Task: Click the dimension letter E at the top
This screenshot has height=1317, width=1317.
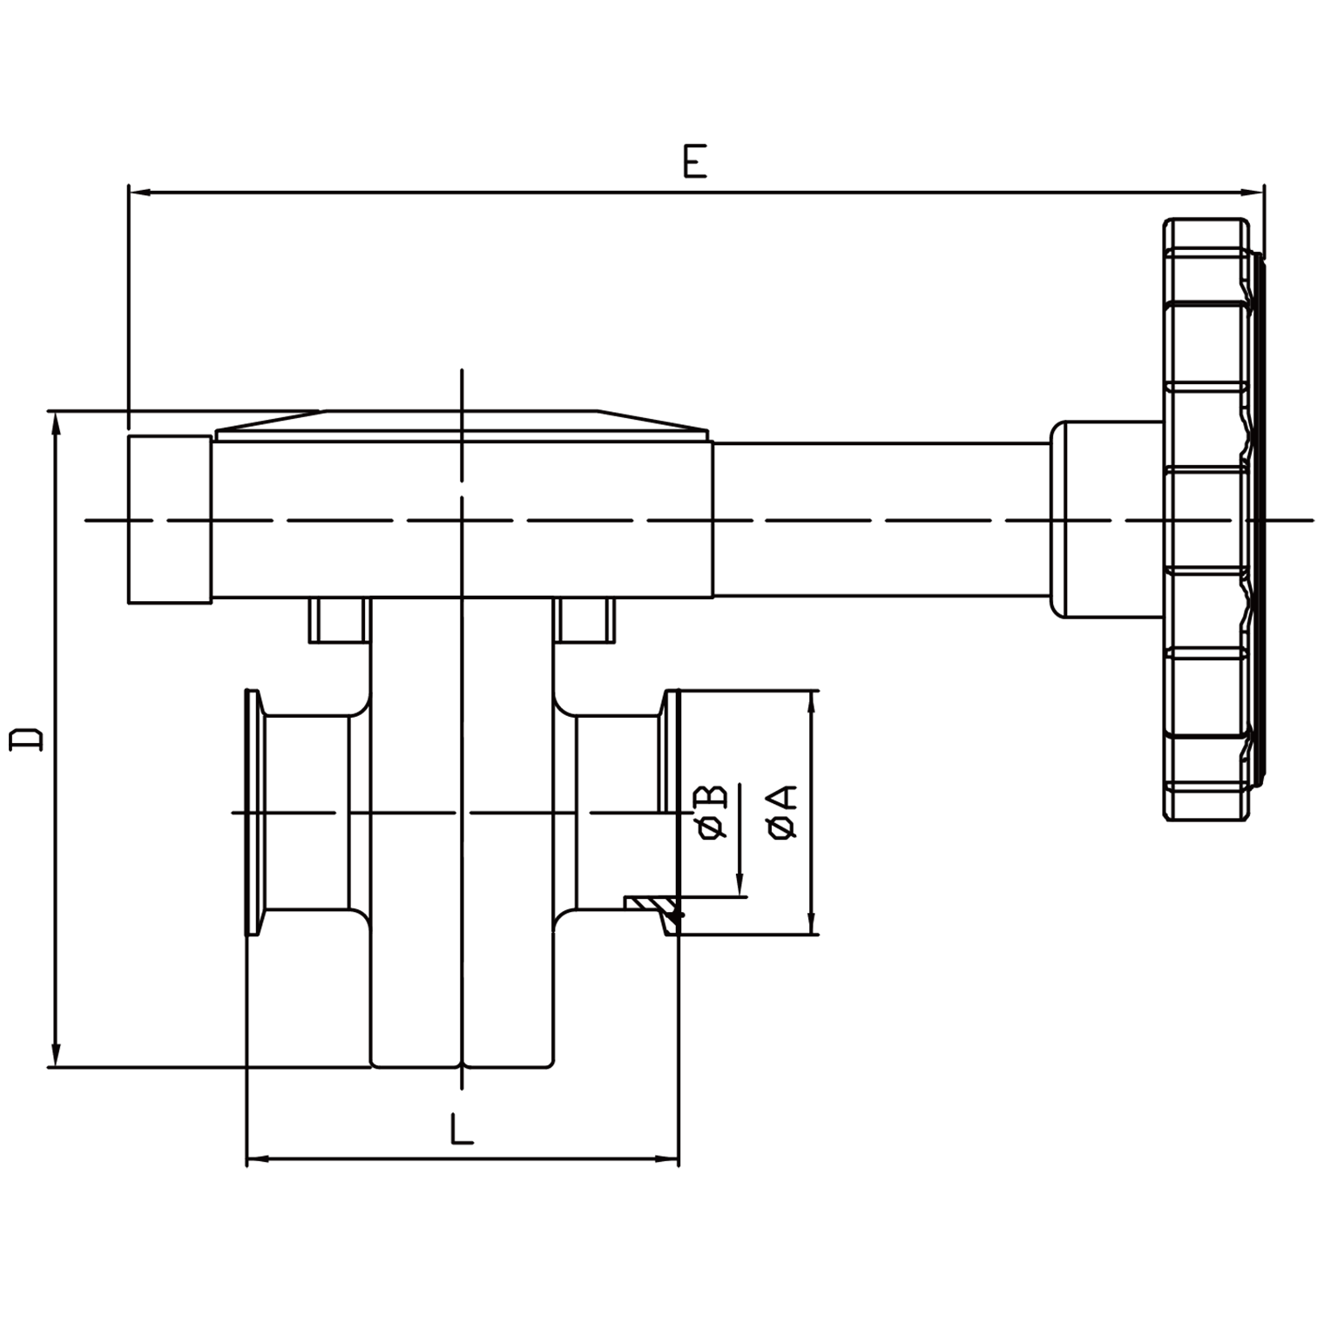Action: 694,162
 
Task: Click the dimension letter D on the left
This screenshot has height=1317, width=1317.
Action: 26,739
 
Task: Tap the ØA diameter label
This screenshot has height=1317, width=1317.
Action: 783,812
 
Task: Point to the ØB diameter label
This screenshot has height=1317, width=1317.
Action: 712,812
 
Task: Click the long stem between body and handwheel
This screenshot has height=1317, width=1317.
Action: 880,520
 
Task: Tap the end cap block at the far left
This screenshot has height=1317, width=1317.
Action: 170,520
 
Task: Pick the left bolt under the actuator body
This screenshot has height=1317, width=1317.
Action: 339,620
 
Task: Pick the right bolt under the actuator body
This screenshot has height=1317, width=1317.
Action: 586,620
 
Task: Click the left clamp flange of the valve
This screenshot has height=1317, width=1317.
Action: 253,813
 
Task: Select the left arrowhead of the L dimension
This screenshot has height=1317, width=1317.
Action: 258,1158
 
